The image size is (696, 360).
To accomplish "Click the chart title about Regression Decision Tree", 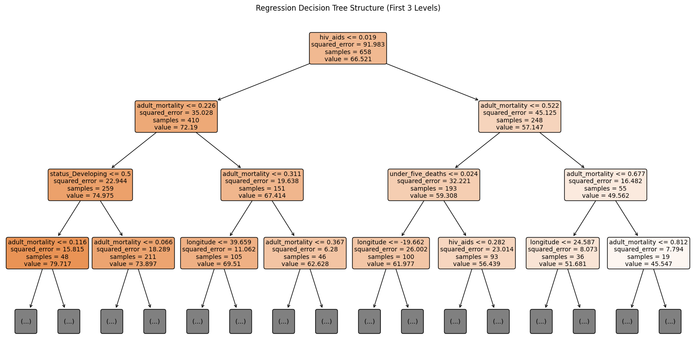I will coord(348,8).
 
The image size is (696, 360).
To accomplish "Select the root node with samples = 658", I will coord(348,48).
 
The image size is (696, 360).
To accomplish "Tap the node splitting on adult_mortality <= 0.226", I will coord(176,117).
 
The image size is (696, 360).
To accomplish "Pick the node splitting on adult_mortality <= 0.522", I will coord(520,117).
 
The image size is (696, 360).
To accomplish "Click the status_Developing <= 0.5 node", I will coord(90,185).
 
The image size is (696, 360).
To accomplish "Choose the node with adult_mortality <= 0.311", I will coord(262,185).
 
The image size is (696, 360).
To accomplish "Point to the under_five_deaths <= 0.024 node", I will coord(434,185).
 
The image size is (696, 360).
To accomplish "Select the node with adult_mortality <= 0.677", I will coord(606,185).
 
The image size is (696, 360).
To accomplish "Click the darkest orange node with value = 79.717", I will coord(47,253).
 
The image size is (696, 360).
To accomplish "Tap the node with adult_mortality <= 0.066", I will coord(133,253).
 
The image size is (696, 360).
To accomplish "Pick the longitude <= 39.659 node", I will coord(219,253).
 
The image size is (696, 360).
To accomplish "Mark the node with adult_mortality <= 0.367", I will coord(305,253).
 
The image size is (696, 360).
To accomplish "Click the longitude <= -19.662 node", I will coord(391,253).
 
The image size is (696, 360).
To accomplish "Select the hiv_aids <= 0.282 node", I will coord(477,253).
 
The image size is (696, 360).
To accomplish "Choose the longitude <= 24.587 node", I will coord(563,253).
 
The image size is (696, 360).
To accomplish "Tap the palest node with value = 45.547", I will coord(649,253).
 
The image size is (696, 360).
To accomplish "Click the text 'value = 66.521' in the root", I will coord(348,59).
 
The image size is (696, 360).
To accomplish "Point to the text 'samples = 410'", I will coord(176,120).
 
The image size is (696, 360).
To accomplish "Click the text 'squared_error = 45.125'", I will coord(520,113).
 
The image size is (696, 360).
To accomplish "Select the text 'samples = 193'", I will coord(434,188).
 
